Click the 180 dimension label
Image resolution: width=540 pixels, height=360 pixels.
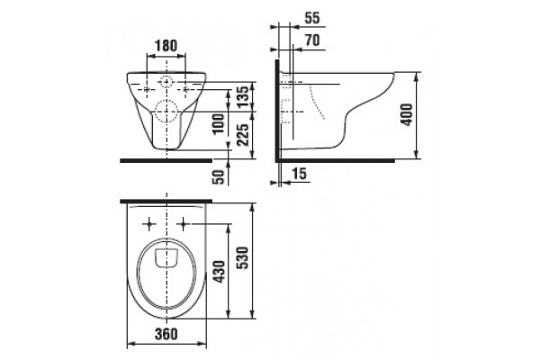[166, 46]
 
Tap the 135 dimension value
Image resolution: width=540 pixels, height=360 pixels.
[243, 97]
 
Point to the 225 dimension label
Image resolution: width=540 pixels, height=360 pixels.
[243, 135]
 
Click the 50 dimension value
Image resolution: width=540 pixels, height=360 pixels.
[219, 176]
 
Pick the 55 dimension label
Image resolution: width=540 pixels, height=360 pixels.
[312, 18]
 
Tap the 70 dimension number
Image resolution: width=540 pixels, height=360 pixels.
[312, 40]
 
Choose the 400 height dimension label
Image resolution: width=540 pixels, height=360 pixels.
[407, 114]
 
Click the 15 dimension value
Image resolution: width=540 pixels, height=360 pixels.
[300, 174]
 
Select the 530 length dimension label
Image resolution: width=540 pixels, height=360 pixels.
[243, 258]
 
